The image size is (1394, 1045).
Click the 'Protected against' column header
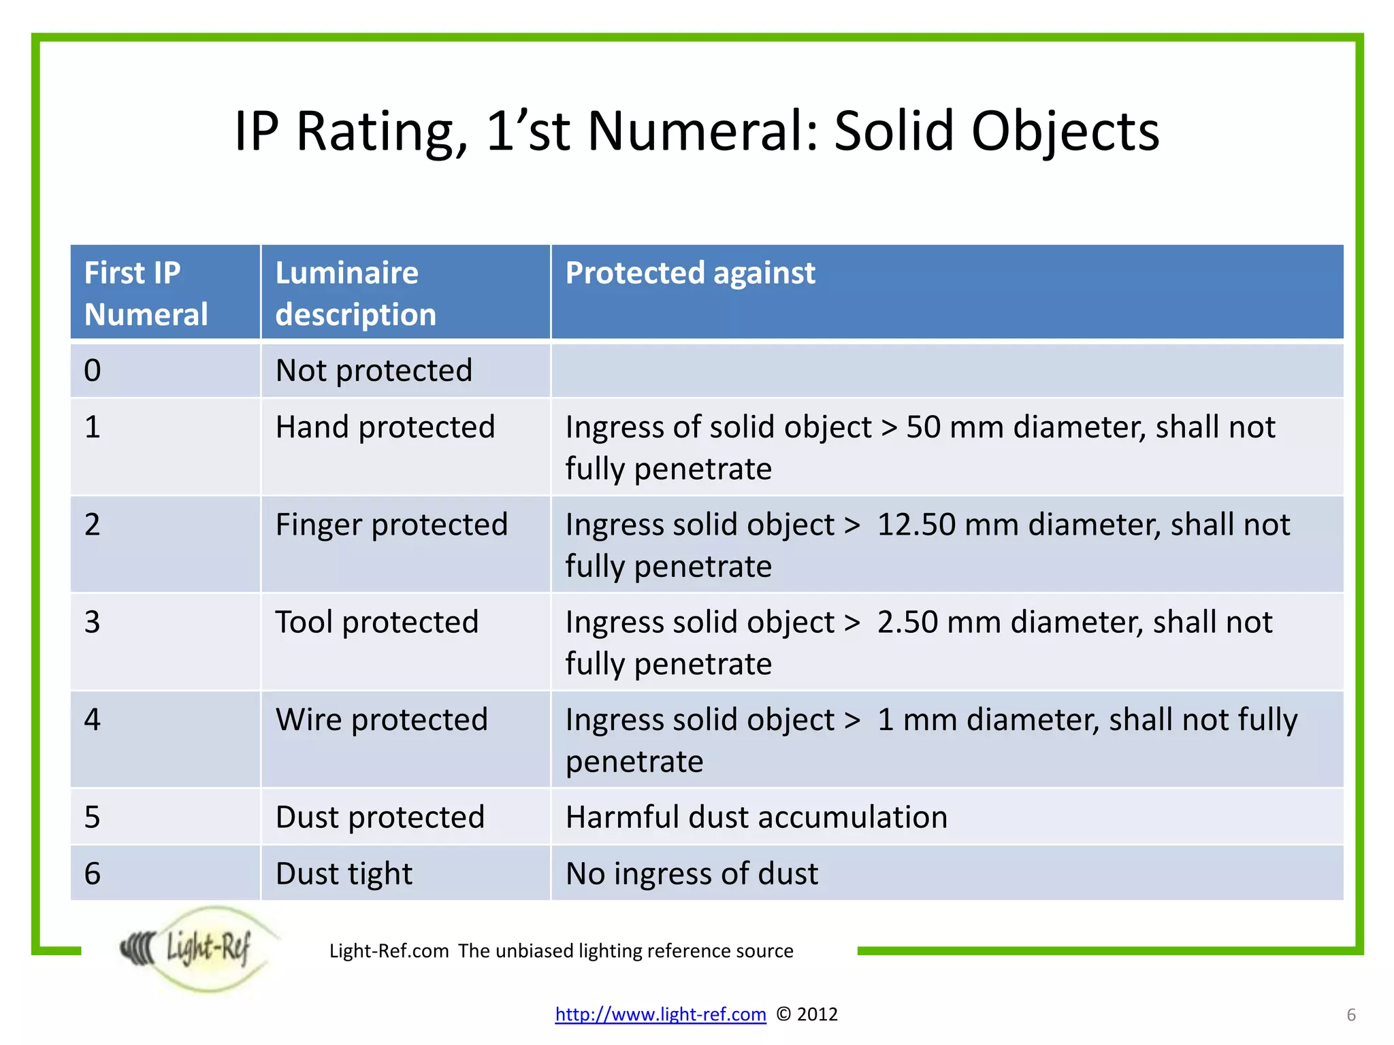690,273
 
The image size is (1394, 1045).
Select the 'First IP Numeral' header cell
146,293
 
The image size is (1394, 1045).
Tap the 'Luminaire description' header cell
355,293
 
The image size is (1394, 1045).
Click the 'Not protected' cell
374,371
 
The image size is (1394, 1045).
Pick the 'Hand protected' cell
385,427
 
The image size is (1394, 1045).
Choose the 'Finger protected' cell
391,525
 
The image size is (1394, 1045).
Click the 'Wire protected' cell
382,720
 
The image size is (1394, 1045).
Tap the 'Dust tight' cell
344,874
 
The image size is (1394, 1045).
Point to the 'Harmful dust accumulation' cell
756,817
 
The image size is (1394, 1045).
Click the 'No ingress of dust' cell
692,874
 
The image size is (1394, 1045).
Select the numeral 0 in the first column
93,371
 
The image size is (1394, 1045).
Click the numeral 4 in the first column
93,720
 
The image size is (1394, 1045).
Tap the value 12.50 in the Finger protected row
915,525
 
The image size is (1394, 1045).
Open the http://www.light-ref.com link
660,1014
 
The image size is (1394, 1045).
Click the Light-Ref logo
197,948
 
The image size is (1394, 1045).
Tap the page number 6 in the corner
1351,1015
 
